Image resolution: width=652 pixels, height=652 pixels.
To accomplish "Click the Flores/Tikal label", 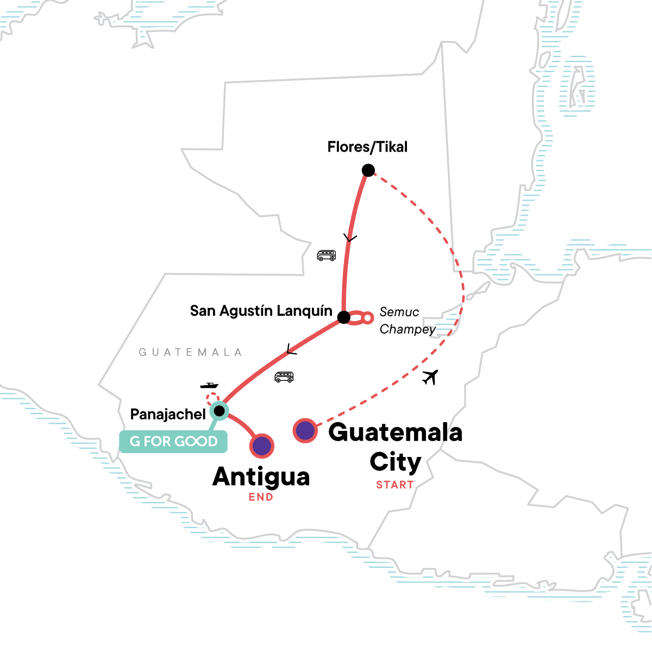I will point(367,147).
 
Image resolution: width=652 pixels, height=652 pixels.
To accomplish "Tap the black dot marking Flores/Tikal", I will point(368,171).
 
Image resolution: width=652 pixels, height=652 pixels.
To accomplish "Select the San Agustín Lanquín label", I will point(261,311).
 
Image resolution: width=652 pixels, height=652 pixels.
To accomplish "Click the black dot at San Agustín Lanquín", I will point(344,317).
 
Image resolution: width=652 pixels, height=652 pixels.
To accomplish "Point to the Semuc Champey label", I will point(407,321).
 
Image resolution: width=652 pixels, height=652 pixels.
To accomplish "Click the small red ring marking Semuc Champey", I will point(368,317).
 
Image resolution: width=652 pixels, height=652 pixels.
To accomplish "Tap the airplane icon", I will point(430,377).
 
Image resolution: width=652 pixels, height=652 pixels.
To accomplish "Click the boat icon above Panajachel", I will point(209,385).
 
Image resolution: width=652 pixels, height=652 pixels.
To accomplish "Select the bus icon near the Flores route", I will point(327,255).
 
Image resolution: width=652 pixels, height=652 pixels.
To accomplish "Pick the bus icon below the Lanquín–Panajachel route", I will point(284,377).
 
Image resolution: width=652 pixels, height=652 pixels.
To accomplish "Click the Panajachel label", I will point(168,415).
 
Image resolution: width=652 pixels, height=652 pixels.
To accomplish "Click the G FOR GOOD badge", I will point(173,441).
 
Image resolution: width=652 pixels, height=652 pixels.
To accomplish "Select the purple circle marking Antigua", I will point(261,446).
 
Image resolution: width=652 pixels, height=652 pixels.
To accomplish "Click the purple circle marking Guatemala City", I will point(305,431).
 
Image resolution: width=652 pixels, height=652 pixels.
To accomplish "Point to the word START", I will point(395,485).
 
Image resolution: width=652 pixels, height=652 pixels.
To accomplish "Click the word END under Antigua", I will point(261,497).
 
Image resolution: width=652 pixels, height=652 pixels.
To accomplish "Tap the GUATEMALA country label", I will point(190,353).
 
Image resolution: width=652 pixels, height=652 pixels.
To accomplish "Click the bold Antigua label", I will point(261,477).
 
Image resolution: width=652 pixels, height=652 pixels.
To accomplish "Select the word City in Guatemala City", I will point(396,462).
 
